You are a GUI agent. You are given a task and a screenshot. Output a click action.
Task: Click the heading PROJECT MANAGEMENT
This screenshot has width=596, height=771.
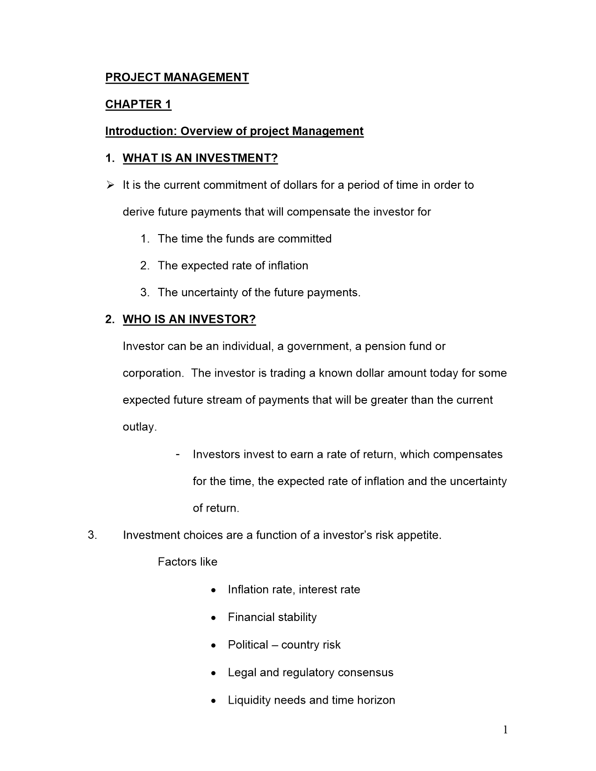pos(177,77)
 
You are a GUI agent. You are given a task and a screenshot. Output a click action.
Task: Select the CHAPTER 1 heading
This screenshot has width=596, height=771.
pos(138,104)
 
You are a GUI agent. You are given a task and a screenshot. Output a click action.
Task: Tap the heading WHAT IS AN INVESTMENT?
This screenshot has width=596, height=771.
pos(200,158)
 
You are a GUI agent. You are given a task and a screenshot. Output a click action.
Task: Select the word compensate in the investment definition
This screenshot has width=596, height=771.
pos(318,212)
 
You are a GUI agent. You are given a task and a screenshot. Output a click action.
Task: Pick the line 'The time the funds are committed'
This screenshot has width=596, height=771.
pos(244,239)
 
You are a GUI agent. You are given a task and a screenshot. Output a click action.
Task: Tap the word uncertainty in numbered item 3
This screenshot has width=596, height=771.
pos(209,293)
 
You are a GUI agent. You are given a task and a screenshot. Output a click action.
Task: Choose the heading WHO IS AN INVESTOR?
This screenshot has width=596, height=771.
pos(189,320)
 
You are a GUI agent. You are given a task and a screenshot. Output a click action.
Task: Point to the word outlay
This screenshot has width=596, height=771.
pos(139,427)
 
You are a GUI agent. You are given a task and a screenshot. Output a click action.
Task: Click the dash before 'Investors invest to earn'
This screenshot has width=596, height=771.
pos(178,454)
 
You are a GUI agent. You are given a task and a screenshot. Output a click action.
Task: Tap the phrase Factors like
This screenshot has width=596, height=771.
pos(187,562)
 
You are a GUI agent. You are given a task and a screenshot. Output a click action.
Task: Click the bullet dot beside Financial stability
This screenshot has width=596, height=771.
pos(213,618)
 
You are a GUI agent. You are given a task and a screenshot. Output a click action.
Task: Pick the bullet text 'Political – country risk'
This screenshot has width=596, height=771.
pos(284,645)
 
